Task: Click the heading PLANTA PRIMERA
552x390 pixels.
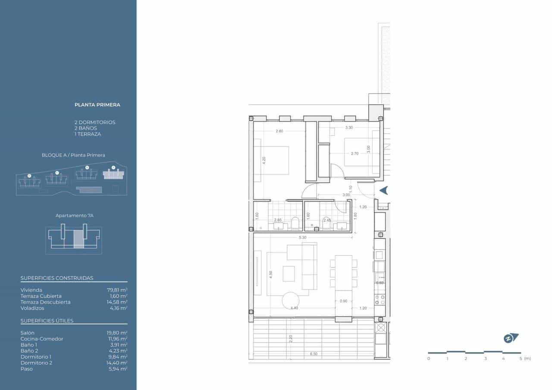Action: click(97, 105)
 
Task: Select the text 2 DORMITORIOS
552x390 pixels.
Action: click(94, 122)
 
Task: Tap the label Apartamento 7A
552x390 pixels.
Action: click(74, 215)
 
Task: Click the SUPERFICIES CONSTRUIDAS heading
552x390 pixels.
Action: click(57, 278)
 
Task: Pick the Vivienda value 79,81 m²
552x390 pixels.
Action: click(117, 290)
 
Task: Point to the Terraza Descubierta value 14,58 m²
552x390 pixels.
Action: click(117, 302)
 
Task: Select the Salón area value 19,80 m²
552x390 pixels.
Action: click(117, 333)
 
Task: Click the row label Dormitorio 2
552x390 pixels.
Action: click(36, 363)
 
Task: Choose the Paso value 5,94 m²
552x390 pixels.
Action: click(118, 369)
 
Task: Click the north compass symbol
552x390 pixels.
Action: click(511, 338)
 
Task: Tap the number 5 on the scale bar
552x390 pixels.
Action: click(521, 359)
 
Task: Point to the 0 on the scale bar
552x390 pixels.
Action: click(429, 359)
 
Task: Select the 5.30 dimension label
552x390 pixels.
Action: click(302, 237)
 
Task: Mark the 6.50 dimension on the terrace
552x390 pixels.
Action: click(314, 354)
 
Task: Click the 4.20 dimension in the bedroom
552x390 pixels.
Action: click(264, 159)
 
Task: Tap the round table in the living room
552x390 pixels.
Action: click(291, 300)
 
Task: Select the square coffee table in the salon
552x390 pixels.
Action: click(289, 273)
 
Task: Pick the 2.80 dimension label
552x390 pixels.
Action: click(279, 131)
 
